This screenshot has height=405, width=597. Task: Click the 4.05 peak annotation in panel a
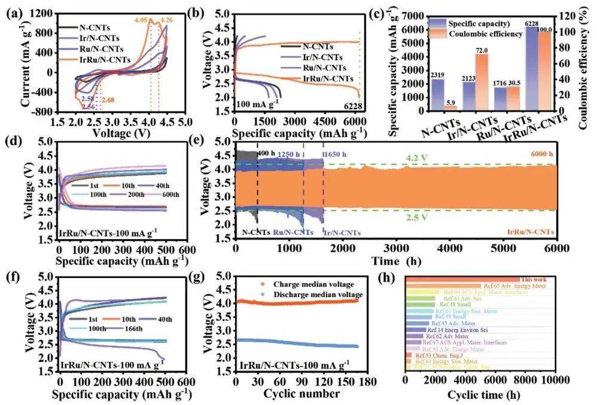pos(140,20)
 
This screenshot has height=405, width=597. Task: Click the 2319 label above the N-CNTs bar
pos(437,74)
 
